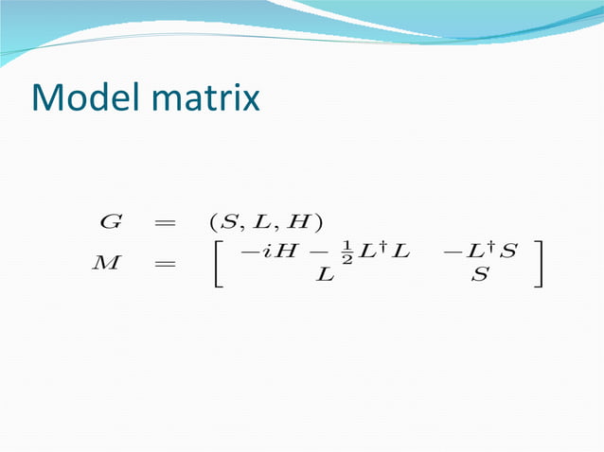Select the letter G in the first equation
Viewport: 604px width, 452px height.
click(x=110, y=223)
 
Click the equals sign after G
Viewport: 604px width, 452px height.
click(x=165, y=224)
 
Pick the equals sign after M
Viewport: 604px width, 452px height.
click(x=165, y=266)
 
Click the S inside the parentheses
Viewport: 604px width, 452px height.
click(x=228, y=223)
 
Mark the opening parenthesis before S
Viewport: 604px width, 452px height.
click(x=213, y=224)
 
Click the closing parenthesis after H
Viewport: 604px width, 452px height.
click(x=318, y=224)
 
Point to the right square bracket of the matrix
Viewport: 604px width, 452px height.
click(x=538, y=266)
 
